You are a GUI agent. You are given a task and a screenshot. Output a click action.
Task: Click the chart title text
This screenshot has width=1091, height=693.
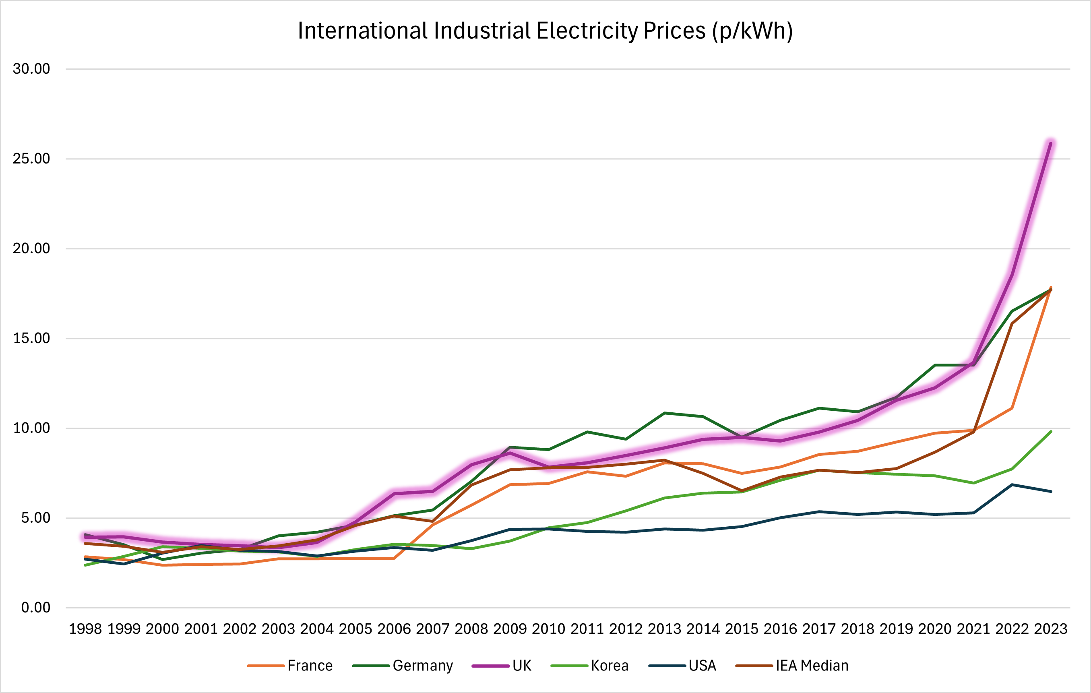click(x=545, y=31)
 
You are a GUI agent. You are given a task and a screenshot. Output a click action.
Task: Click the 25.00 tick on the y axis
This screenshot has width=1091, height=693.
click(x=31, y=159)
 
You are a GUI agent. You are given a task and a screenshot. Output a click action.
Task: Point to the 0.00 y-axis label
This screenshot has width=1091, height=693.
click(x=35, y=607)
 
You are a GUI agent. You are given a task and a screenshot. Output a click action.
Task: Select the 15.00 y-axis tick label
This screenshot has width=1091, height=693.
click(x=31, y=338)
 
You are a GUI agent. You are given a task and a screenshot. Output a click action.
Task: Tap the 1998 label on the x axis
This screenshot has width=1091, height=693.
click(x=85, y=629)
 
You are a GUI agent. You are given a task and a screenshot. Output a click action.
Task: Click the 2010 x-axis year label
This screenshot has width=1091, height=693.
click(x=548, y=629)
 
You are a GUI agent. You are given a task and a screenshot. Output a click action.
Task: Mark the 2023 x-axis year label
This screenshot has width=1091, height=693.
click(x=1050, y=629)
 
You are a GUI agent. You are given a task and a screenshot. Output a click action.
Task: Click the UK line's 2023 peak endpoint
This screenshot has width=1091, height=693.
click(x=1050, y=143)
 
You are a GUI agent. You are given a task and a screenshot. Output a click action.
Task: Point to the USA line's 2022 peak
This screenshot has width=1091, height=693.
click(x=1012, y=485)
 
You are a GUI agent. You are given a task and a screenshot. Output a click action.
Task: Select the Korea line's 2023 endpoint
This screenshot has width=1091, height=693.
click(x=1051, y=432)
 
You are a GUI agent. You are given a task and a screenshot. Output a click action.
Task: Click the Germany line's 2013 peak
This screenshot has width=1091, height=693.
click(x=664, y=413)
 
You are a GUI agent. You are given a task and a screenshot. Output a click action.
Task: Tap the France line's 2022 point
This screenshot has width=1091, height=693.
click(x=1012, y=408)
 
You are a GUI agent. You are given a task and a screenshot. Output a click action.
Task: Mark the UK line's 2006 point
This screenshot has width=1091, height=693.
click(x=394, y=494)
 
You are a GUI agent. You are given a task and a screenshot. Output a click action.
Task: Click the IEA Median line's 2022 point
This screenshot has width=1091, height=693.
click(x=1012, y=324)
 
